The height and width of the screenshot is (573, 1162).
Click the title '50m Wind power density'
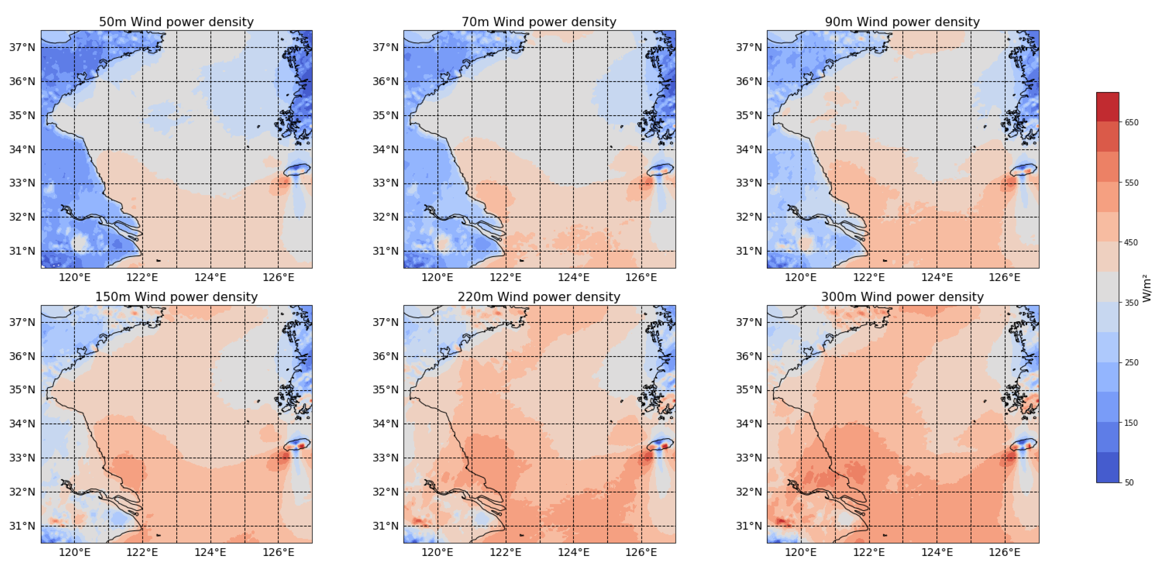(176, 22)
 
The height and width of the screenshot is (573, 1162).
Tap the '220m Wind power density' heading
(539, 297)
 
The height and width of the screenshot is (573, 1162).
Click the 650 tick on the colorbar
(1131, 122)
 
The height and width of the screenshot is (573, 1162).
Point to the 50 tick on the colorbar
(1129, 482)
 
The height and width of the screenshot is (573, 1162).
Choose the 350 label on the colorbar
(1131, 303)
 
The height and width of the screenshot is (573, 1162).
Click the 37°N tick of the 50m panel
(22, 47)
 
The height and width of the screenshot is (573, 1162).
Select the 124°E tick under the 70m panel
(573, 277)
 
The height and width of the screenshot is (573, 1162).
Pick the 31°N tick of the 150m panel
(22, 526)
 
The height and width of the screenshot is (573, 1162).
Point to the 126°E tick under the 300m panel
(1005, 552)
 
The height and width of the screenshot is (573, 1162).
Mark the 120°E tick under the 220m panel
(437, 552)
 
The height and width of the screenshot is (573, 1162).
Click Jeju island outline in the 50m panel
(297, 170)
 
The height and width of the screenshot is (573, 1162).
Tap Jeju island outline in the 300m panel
(1023, 444)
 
